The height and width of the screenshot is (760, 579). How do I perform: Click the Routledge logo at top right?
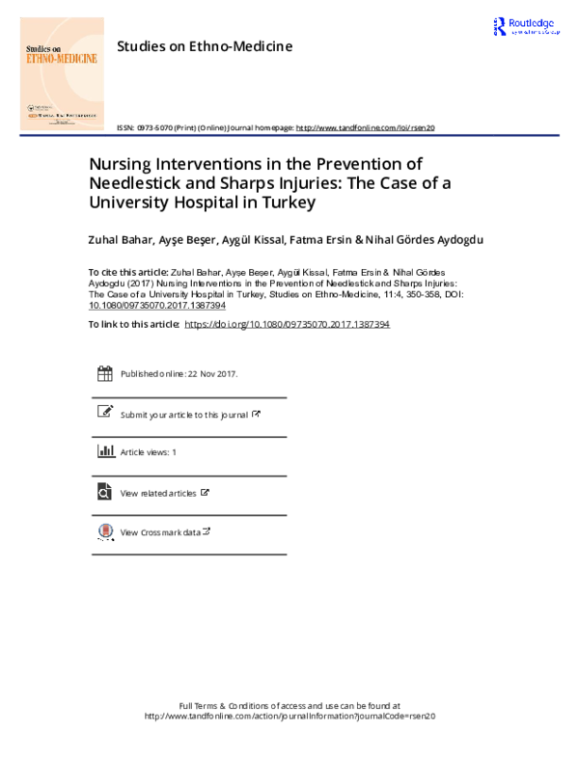coord(525,28)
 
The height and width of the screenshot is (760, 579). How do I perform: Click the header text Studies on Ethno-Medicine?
coord(204,45)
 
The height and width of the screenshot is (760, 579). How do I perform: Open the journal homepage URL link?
coord(366,127)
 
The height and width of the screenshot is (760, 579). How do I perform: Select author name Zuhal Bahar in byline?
coord(119,239)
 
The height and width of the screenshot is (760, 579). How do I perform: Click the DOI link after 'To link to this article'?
coord(286,325)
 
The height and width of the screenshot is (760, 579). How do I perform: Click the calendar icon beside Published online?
coord(105,373)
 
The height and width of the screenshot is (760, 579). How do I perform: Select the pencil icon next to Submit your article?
coord(105,412)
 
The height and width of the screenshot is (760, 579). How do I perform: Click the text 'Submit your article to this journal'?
coord(184,415)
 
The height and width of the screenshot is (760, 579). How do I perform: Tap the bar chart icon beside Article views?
coord(105,451)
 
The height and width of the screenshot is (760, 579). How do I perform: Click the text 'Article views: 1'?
coord(149,452)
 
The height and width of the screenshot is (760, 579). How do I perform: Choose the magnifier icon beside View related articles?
coord(105,492)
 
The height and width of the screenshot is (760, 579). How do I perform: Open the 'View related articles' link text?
coord(158,493)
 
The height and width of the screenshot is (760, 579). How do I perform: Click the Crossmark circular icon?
coord(105,531)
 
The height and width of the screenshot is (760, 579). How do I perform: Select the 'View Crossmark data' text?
coord(160,532)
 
